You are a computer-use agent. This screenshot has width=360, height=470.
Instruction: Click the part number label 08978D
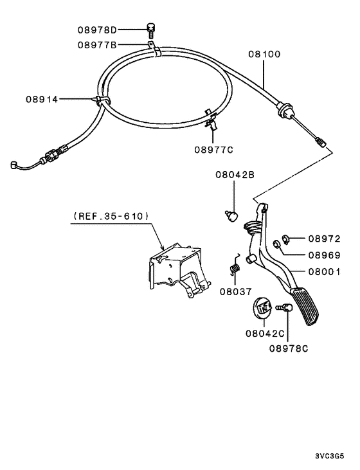pos(98,30)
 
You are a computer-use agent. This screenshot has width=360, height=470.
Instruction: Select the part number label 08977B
pos(98,45)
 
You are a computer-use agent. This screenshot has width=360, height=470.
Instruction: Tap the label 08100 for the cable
pos(265,55)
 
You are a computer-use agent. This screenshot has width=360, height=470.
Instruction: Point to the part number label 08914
pos(42,99)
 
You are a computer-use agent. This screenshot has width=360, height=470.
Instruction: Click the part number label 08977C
pos(213,150)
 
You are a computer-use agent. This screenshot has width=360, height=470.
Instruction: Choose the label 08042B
pos(235,174)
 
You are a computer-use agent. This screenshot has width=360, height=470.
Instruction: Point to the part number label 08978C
pos(289,348)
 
